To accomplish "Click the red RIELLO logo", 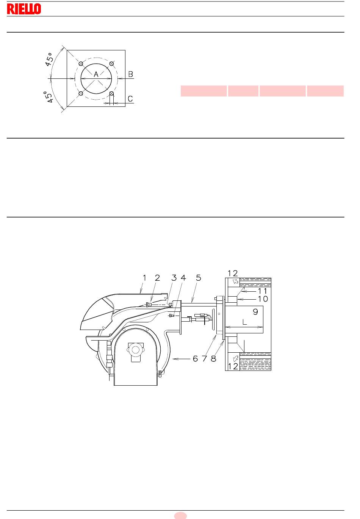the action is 24,9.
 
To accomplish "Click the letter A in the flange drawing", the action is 96,74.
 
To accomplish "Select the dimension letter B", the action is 130,74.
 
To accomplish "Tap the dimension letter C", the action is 130,99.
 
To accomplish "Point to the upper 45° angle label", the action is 49,59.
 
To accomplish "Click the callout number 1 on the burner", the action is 145,278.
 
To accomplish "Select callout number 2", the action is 157,278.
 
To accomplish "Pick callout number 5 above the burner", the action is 199,278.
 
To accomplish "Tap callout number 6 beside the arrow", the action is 196,359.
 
